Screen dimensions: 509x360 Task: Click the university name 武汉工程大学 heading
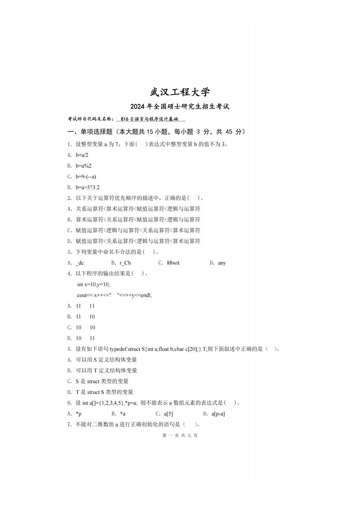[x=180, y=92]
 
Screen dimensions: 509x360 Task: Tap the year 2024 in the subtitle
[x=138, y=107]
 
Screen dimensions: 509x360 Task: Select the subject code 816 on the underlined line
[x=125, y=119]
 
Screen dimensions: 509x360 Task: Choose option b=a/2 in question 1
[x=82, y=155]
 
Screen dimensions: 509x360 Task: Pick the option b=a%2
[x=83, y=166]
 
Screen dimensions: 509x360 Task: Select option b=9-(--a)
[x=86, y=177]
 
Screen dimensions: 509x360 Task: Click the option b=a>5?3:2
[x=87, y=188]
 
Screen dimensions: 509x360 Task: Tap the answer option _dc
[x=80, y=263]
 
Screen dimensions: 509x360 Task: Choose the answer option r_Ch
[x=125, y=263]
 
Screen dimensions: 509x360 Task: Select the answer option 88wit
[x=173, y=263]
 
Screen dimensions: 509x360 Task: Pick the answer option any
[x=222, y=263]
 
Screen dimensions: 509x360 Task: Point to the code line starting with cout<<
[x=114, y=295]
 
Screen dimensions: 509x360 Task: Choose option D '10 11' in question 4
[x=85, y=338]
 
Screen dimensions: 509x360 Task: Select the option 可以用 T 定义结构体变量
[x=106, y=370]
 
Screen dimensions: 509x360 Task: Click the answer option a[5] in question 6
[x=168, y=414]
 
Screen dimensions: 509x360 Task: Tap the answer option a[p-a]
[x=218, y=414]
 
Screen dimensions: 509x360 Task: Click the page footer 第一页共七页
[x=180, y=436]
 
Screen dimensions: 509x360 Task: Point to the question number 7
[x=69, y=425]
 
